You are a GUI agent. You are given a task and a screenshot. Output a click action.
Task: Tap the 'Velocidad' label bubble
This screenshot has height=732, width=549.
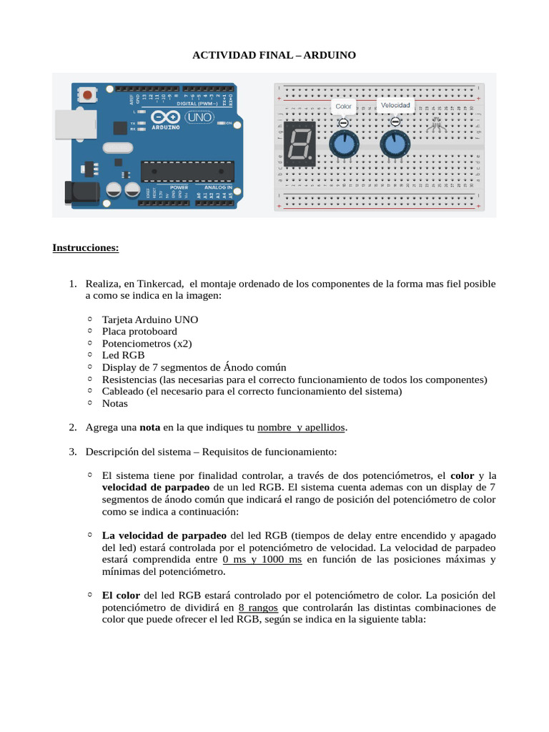click(395, 105)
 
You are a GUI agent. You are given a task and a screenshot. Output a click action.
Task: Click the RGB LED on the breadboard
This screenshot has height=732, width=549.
click(436, 126)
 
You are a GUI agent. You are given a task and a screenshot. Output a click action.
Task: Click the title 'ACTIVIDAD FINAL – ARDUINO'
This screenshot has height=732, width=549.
click(274, 54)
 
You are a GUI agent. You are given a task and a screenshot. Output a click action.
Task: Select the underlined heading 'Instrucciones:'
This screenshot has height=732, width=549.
click(86, 248)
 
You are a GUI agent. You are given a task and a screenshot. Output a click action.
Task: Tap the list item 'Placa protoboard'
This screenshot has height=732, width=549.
click(139, 331)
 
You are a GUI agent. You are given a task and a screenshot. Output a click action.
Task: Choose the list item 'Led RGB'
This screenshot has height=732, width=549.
click(123, 355)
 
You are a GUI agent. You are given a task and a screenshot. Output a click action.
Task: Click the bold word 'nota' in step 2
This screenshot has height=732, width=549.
click(149, 427)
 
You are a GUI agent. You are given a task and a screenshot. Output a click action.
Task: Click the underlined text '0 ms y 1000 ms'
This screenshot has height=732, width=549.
click(262, 560)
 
